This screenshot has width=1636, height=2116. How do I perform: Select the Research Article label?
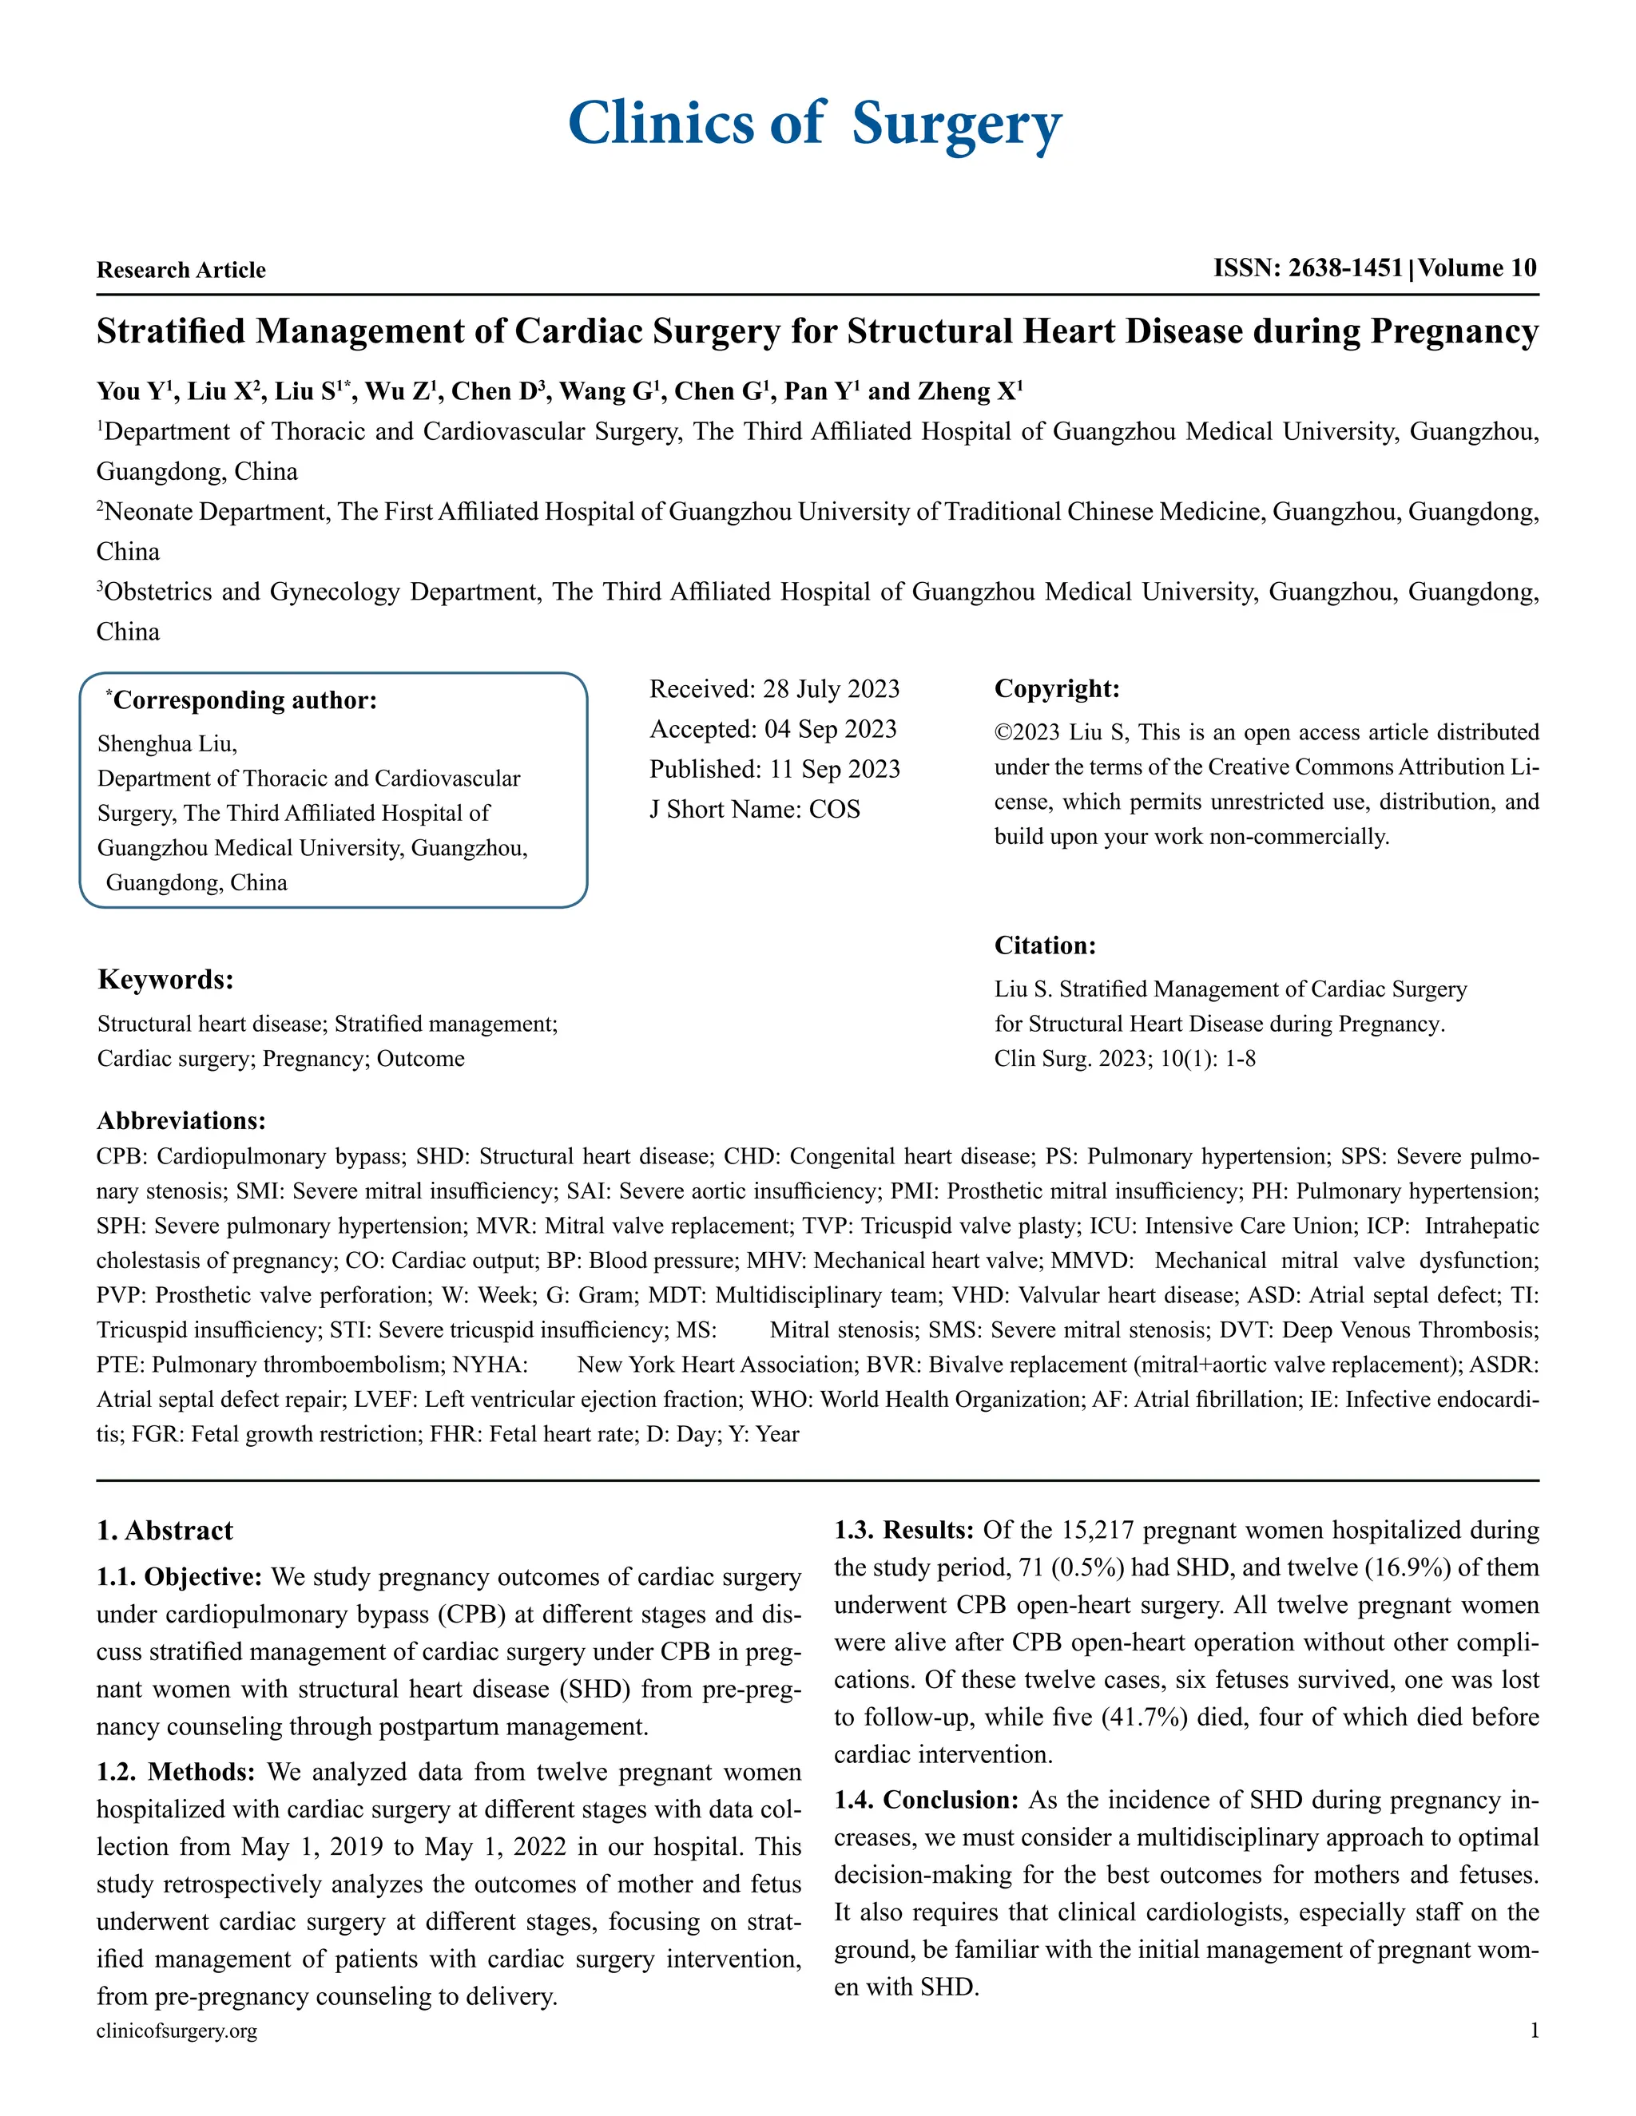[x=181, y=271]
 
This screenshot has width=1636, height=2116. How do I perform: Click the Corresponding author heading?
[x=242, y=700]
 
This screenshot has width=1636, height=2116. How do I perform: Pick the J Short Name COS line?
[x=754, y=809]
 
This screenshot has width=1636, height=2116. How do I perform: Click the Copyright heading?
[x=1056, y=689]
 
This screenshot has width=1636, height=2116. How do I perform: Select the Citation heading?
[x=1045, y=945]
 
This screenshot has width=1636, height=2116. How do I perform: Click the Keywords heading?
[x=165, y=980]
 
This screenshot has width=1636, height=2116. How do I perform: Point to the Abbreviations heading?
[x=181, y=1121]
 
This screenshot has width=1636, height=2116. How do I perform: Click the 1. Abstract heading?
[x=165, y=1531]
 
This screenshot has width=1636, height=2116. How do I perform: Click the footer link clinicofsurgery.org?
[x=177, y=2031]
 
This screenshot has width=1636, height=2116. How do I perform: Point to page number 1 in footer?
[x=1535, y=2031]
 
